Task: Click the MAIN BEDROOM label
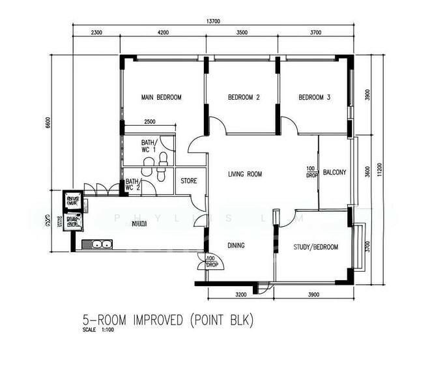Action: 161,98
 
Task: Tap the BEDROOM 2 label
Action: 244,98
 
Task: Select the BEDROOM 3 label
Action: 315,98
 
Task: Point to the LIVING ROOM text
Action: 245,174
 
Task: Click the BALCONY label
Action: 334,173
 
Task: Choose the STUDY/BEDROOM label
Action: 315,247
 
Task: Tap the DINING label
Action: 236,246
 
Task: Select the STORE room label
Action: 189,181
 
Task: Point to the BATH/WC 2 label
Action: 133,185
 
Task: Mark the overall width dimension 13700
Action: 213,22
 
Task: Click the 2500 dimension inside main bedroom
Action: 149,122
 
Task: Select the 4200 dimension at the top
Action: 163,32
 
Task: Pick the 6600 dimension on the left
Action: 48,123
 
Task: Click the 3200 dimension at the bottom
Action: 240,295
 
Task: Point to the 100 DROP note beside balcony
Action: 311,173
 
